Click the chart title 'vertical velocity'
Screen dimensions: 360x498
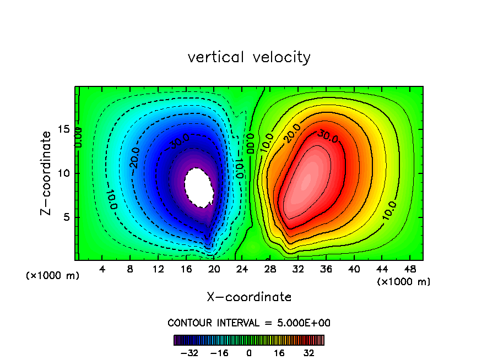(249, 57)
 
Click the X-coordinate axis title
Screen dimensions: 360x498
(249, 297)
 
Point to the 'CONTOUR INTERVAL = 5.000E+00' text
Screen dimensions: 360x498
(249, 323)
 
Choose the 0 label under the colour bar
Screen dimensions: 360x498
(249, 353)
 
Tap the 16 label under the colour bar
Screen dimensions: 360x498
(279, 353)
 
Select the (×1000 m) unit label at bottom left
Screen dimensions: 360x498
(53, 276)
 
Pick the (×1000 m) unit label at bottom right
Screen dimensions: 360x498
(404, 282)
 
